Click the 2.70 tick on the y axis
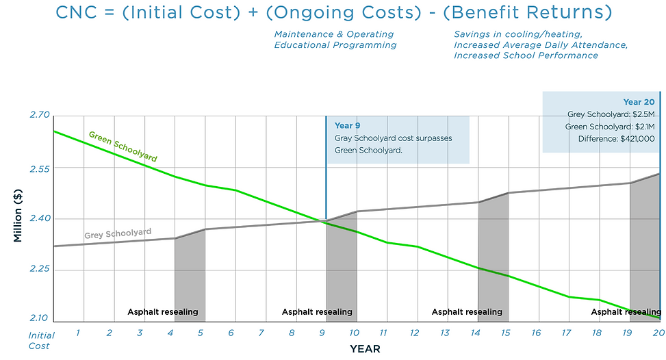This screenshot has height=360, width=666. (40, 115)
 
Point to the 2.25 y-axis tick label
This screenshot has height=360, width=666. (40, 270)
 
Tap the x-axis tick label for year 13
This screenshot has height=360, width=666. (444, 333)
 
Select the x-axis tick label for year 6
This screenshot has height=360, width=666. (231, 333)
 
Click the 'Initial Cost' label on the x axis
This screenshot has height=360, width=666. (40, 340)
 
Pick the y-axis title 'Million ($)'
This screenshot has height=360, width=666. (18, 218)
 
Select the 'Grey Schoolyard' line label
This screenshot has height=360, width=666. (118, 234)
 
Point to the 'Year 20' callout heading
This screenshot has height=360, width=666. (639, 102)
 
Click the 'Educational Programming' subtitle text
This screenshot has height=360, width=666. (335, 45)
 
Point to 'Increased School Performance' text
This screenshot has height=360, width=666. (526, 55)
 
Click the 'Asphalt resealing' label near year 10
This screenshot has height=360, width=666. (317, 312)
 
